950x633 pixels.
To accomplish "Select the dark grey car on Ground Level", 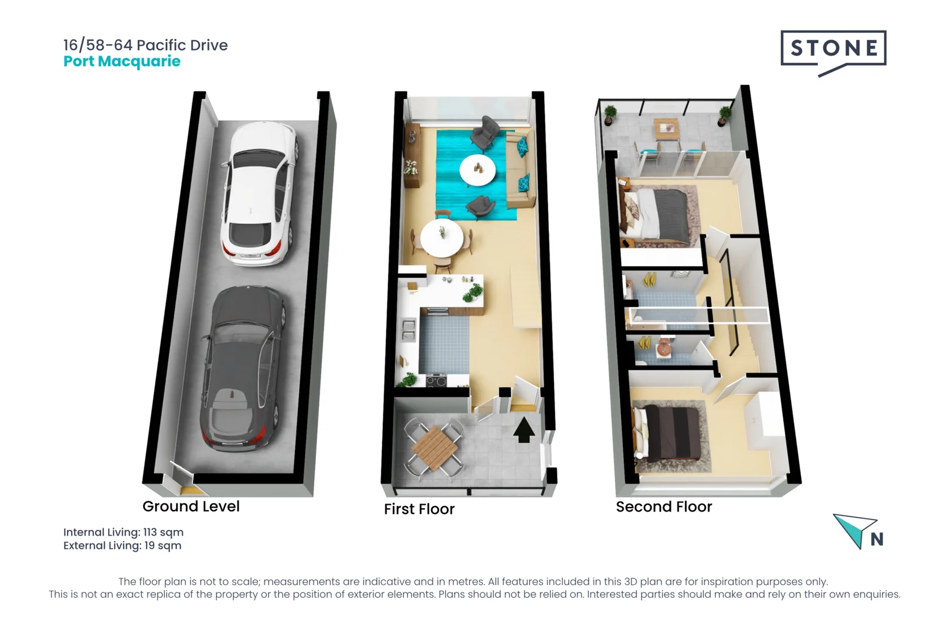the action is (x=243, y=369).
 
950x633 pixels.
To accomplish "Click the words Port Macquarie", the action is (x=122, y=62).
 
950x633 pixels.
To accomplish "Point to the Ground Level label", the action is (x=191, y=506).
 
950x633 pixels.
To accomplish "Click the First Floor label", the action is (x=419, y=509).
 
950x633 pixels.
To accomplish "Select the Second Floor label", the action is (x=664, y=506).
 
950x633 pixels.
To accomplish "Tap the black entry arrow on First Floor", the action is (x=524, y=430).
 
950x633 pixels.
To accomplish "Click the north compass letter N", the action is (x=877, y=539).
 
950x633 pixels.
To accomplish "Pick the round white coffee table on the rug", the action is (x=477, y=169).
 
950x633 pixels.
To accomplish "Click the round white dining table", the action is (x=442, y=238).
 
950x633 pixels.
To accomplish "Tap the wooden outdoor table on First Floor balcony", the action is (x=435, y=448).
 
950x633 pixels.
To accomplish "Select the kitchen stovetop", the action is (x=436, y=380).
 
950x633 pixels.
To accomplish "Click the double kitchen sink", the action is (x=408, y=331).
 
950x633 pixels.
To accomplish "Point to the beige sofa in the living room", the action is (x=520, y=170).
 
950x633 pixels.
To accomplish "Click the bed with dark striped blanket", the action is (x=666, y=434).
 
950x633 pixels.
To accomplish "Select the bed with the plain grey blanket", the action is (x=655, y=216).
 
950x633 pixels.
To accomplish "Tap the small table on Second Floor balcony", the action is (x=667, y=128).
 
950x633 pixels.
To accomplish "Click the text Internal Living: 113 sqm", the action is (x=123, y=532).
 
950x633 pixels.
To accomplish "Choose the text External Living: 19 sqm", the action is (x=122, y=545).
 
